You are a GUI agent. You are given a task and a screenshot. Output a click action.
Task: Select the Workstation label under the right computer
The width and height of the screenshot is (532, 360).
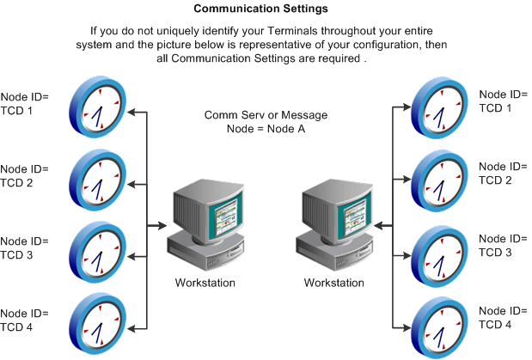[x=334, y=282]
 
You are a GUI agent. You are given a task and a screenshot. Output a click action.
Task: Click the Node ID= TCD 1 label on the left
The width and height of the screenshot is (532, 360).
[x=26, y=104]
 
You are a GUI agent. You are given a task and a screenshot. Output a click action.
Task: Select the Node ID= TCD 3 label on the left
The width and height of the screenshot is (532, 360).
[x=26, y=248]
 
